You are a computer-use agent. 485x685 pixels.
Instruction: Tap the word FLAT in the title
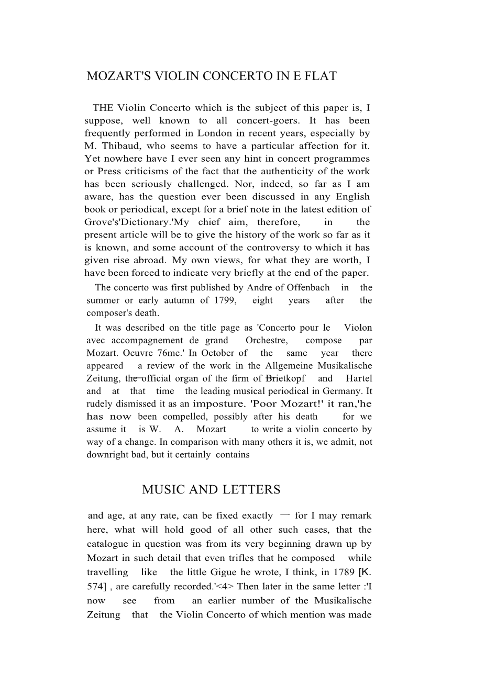(x=320, y=76)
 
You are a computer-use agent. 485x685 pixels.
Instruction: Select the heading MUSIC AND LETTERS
(x=211, y=490)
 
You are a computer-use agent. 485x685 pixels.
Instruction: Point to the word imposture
(x=219, y=404)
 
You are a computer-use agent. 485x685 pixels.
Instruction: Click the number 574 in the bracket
(x=95, y=587)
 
